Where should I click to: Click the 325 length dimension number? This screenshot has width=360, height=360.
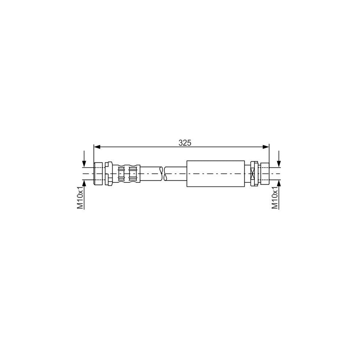click(x=185, y=142)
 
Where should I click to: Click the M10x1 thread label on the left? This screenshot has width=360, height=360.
click(x=80, y=197)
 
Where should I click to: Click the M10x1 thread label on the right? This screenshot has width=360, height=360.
click(x=275, y=197)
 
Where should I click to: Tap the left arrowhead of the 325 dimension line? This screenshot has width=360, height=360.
click(x=96, y=147)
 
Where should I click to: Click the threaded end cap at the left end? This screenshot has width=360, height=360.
click(x=98, y=173)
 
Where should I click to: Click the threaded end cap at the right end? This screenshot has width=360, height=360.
click(x=264, y=174)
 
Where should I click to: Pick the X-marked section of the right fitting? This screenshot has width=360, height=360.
click(x=252, y=174)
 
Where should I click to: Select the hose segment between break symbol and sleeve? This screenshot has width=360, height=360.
click(x=175, y=174)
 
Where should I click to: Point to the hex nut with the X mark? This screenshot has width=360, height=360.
click(x=253, y=174)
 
